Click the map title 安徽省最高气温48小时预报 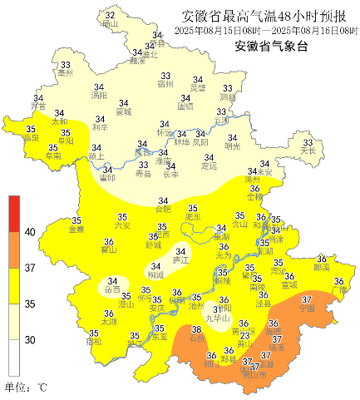tap(264, 15)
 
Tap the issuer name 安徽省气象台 tap(271, 47)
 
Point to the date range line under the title tap(266, 31)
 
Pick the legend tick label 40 tap(29, 232)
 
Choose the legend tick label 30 tap(29, 339)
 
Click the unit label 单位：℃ tap(27, 387)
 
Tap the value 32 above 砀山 tap(110, 15)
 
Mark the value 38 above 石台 tap(196, 329)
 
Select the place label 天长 tap(308, 151)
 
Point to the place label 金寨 tap(76, 230)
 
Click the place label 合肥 tap(163, 210)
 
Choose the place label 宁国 tap(307, 308)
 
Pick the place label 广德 tap(338, 290)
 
